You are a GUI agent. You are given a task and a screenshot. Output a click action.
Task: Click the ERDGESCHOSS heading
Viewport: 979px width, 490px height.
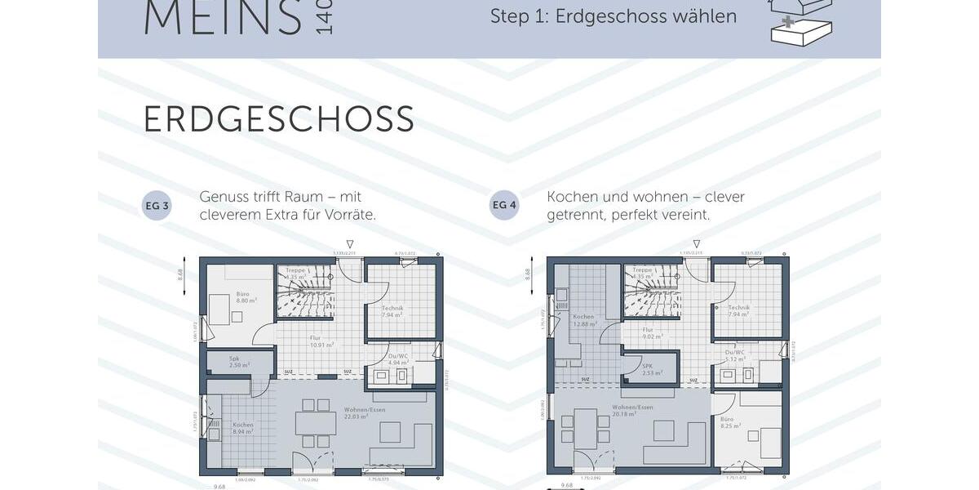tap(278, 119)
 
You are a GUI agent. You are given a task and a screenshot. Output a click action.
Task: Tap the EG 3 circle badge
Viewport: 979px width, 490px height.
tap(157, 206)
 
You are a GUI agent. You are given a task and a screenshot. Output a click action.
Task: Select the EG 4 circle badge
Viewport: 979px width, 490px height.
tap(504, 206)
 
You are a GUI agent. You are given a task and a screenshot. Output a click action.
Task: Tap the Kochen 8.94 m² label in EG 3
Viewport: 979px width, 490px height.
tap(243, 428)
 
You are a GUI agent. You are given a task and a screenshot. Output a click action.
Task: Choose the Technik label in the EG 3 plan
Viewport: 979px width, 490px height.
tap(393, 310)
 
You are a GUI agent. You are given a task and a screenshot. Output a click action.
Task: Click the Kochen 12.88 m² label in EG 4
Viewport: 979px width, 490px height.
tap(583, 320)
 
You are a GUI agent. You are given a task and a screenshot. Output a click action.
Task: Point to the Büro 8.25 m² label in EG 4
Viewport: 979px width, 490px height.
tap(729, 422)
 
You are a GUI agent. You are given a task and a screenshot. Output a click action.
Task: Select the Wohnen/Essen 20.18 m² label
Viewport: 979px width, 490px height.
tap(632, 410)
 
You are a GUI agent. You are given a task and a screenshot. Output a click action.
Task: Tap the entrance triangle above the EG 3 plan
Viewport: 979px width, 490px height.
tap(350, 243)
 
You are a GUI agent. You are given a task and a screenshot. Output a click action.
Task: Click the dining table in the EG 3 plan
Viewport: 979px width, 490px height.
tap(316, 423)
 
